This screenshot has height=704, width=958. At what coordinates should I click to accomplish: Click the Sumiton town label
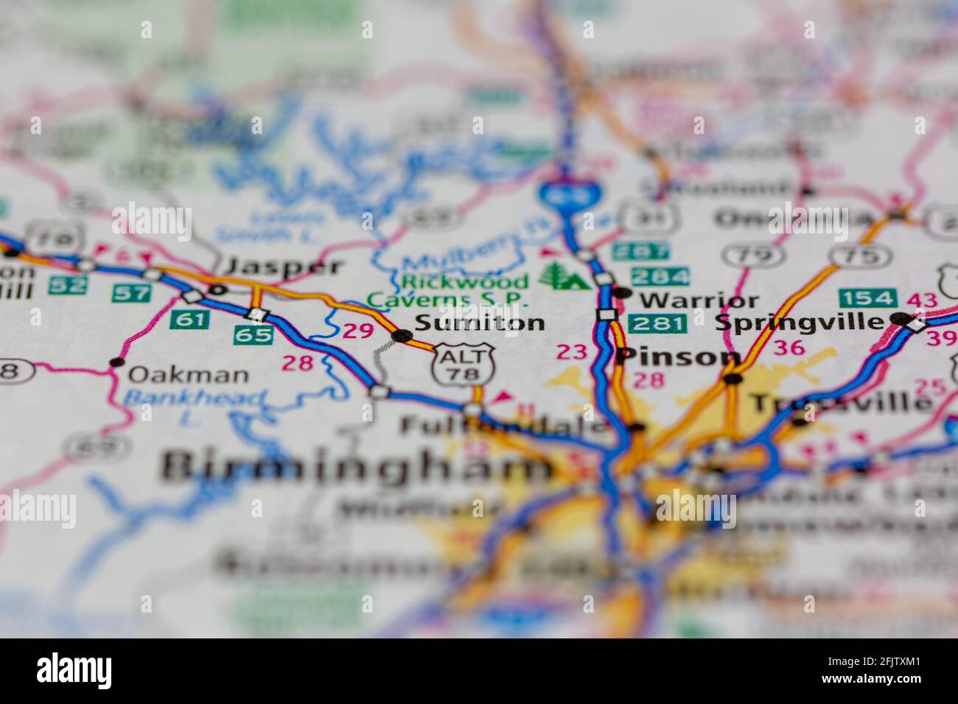coord(480,323)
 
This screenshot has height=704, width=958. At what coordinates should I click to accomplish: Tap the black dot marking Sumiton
coord(402,336)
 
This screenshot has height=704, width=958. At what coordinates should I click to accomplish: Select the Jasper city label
coord(284,267)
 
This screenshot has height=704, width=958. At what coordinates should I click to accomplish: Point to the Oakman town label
coord(188,375)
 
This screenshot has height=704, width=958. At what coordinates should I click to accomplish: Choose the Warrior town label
coord(699,300)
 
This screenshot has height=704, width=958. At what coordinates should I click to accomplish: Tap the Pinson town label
coord(678,356)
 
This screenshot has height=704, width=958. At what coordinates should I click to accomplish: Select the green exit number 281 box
coord(658,323)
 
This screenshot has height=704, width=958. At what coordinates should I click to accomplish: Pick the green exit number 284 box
coord(660,277)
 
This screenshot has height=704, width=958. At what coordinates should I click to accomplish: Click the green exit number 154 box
coord(867,298)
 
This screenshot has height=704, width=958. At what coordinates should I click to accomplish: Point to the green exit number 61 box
coord(189,319)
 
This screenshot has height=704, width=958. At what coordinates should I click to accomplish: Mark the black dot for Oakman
coord(115,362)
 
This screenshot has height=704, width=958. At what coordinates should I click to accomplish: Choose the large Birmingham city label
coord(357,465)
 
